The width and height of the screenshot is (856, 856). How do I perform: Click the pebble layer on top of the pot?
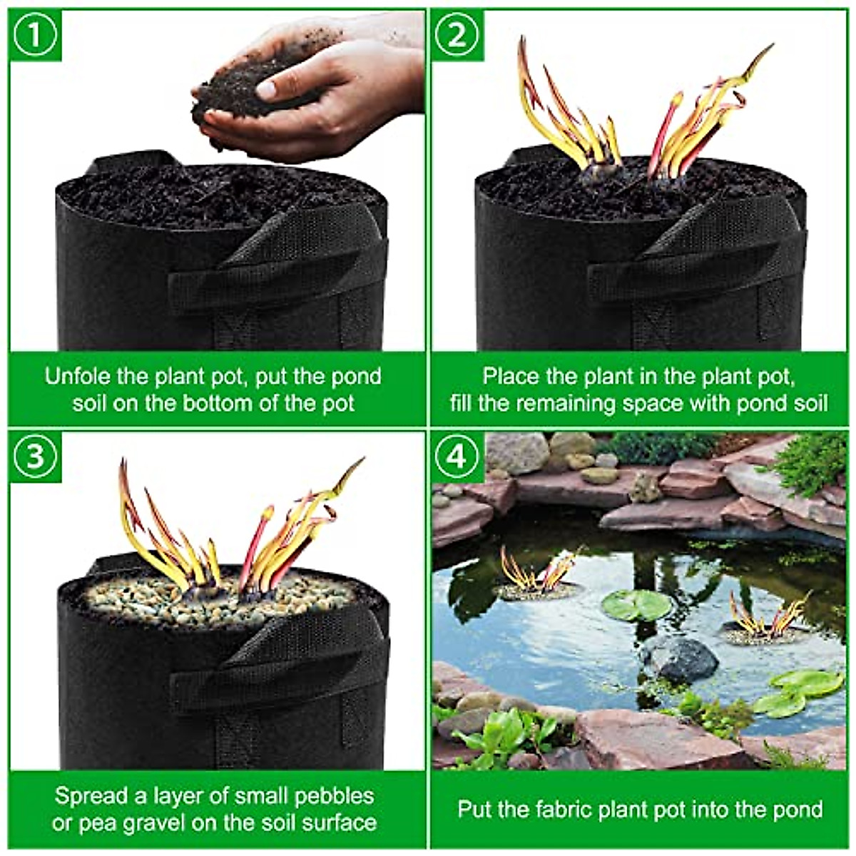tap(214, 599)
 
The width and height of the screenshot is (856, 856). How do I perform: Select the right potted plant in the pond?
tap(767, 621)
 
